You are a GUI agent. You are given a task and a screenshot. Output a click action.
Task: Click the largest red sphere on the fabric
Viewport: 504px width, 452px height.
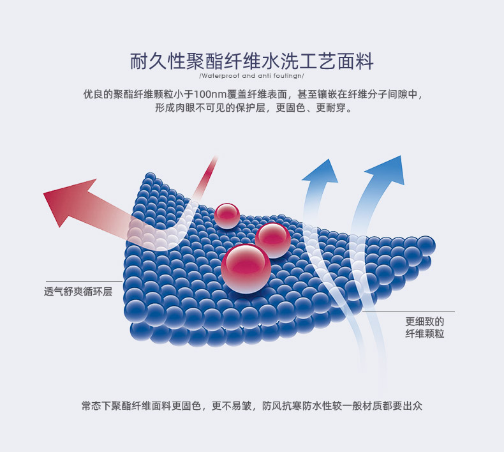click(246, 268)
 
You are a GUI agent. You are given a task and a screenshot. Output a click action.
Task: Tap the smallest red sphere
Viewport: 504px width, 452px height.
click(226, 216)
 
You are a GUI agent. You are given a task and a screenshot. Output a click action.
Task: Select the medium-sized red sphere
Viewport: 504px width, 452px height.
click(273, 240)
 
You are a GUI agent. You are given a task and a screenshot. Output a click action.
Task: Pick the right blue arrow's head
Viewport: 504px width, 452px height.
click(387, 170)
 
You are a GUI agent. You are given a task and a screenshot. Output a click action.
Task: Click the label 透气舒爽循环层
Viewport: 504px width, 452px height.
click(78, 291)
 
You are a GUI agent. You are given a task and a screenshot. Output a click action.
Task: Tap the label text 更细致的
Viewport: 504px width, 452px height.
click(424, 322)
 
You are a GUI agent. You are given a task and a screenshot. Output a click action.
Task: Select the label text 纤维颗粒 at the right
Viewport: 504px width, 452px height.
click(424, 334)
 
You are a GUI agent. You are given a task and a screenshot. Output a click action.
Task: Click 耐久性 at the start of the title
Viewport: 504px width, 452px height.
click(158, 62)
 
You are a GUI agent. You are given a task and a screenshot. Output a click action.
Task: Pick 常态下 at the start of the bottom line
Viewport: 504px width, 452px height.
click(97, 405)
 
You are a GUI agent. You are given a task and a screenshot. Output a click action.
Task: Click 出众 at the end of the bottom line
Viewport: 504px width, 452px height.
click(413, 405)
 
